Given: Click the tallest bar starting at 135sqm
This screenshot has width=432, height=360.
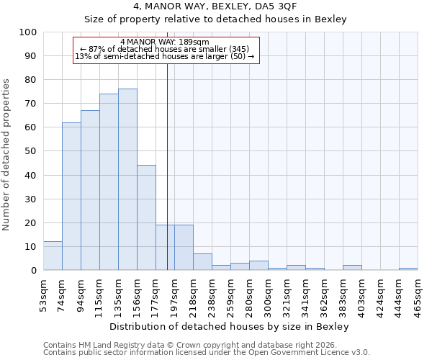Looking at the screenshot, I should pos(127,179).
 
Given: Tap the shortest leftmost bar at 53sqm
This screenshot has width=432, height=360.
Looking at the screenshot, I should pos(53,256).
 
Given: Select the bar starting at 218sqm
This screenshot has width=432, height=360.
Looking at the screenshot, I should pos(202,261).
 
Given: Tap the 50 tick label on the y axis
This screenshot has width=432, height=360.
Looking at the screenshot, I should pos(30,151).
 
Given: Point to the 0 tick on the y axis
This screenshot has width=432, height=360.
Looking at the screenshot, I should pos(33,270).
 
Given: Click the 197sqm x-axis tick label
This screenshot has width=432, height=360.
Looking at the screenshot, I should pos(174,294).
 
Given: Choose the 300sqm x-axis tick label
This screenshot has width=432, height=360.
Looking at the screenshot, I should pos(268,294).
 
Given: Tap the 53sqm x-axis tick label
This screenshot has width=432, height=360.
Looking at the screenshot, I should pos(43,294).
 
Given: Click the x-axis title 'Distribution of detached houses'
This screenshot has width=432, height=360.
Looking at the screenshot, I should pos(230,326).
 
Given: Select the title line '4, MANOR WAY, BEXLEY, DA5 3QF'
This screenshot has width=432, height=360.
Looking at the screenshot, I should pos(215,6).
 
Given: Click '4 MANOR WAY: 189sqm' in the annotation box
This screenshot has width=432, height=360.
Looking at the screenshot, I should pos(165,42).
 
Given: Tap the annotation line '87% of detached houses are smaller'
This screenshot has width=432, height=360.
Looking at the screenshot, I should pos(165,49).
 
